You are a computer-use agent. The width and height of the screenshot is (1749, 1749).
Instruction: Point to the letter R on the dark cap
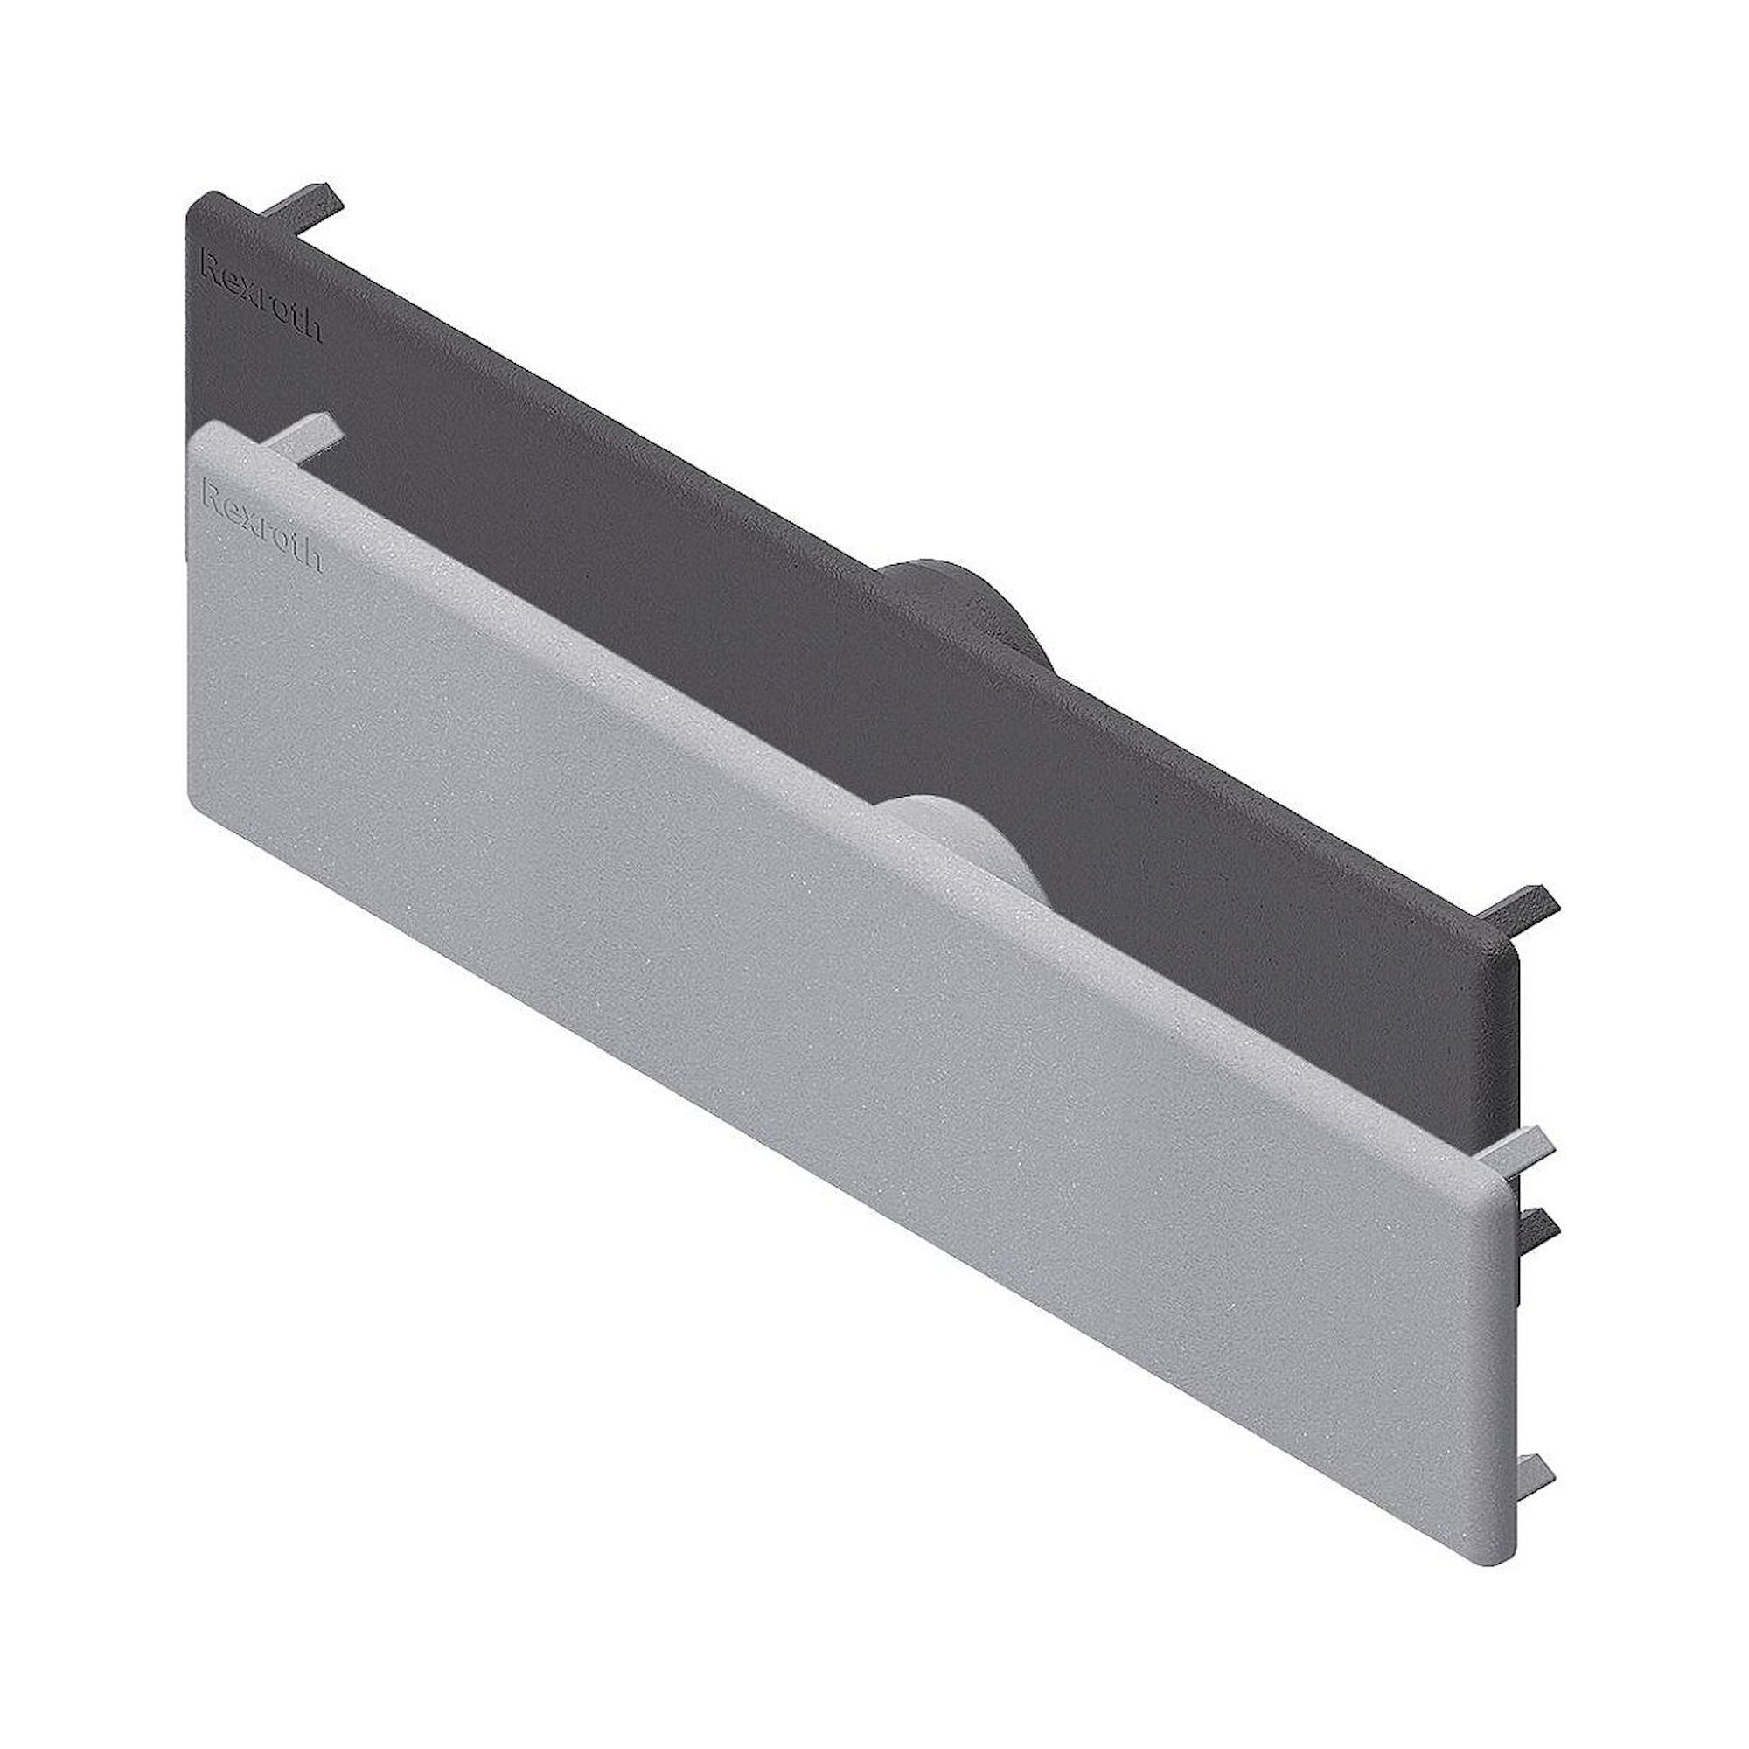point(208,267)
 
